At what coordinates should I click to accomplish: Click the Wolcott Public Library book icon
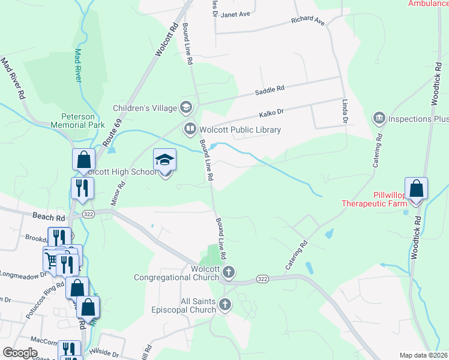coord(190,129)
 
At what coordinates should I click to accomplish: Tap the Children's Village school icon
coord(186,108)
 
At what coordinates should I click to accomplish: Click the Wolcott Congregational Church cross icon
coord(228,273)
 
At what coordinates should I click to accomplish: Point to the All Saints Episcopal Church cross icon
coord(225,305)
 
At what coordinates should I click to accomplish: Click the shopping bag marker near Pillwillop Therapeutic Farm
coord(416,189)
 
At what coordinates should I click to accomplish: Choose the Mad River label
coord(77,65)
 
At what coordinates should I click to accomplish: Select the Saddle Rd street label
coord(269,89)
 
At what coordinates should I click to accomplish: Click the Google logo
coord(20,353)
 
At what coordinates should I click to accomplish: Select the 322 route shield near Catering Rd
coord(262,279)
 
